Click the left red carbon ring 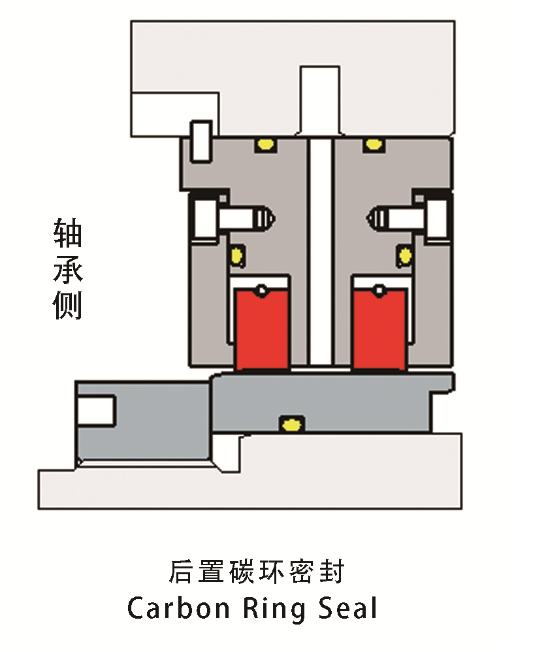(x=262, y=329)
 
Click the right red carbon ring (x=379, y=329)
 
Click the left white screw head (x=204, y=218)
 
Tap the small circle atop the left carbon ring (x=262, y=289)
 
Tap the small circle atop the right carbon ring (x=379, y=289)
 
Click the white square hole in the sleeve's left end (x=96, y=410)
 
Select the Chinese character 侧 (x=68, y=304)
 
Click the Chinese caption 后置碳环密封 (x=256, y=572)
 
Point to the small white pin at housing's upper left (x=201, y=140)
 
